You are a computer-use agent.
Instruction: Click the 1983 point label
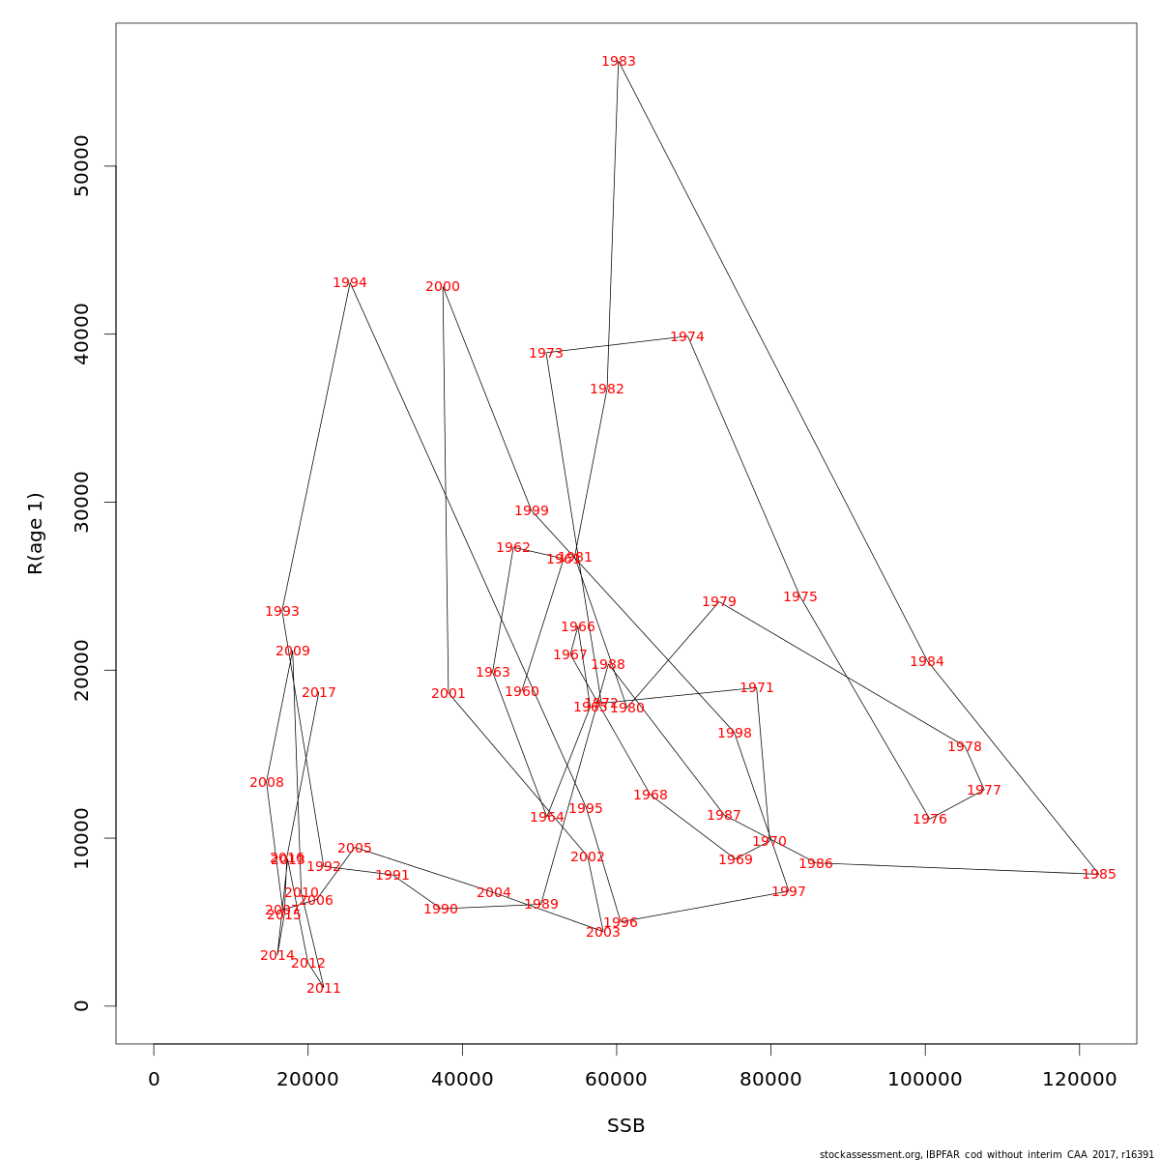coord(619,62)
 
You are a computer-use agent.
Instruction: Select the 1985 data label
coord(1098,875)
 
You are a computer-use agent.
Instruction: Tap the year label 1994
coord(350,283)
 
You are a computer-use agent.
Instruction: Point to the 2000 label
coord(443,287)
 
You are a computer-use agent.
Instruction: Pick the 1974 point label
coord(687,337)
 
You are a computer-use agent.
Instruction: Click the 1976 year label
coord(930,820)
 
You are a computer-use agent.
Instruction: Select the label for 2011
coord(324,989)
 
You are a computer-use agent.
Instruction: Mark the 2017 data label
coord(319,693)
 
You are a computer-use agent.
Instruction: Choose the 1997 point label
coord(789,892)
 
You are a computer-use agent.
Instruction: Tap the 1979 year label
coord(719,602)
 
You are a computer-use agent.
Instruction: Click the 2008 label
coord(267,783)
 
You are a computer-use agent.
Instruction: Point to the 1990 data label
coord(441,910)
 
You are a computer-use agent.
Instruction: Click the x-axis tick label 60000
coord(617,1080)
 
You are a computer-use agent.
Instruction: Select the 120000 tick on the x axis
coord(1080,1080)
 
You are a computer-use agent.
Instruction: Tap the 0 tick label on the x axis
coord(154,1080)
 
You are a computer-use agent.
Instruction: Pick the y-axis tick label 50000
coord(82,166)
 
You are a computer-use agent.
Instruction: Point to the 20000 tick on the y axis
coord(82,670)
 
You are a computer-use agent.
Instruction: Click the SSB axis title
coord(626,1126)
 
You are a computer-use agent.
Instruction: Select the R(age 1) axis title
coord(36,534)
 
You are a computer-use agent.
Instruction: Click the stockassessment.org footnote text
coord(987,1154)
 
